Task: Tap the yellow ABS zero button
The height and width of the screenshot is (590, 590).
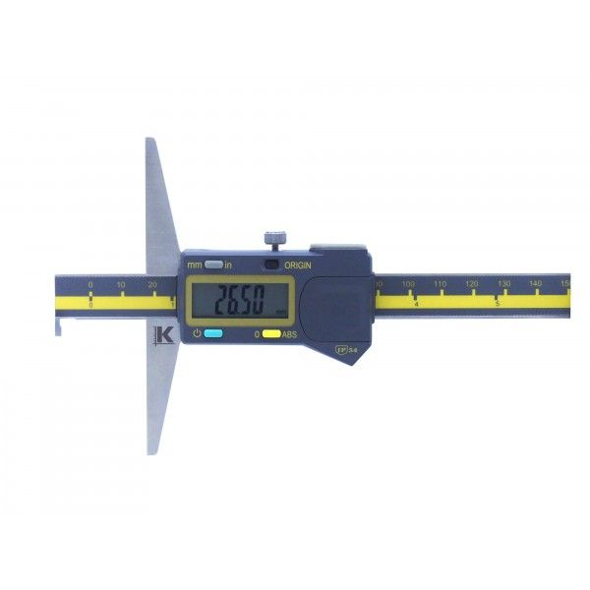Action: [271, 334]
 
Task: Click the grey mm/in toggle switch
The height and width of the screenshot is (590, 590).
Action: [211, 264]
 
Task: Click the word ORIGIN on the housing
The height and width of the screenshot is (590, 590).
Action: [298, 265]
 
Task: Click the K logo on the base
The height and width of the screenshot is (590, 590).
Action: [163, 335]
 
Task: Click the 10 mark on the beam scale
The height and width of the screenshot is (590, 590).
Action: [121, 285]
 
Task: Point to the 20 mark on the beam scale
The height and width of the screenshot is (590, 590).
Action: [152, 285]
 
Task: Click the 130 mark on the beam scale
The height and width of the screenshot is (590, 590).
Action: [503, 284]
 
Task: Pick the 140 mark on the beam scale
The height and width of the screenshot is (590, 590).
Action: [535, 284]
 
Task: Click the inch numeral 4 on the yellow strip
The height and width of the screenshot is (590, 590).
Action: [416, 305]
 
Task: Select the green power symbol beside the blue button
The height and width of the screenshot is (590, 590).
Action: [197, 333]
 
